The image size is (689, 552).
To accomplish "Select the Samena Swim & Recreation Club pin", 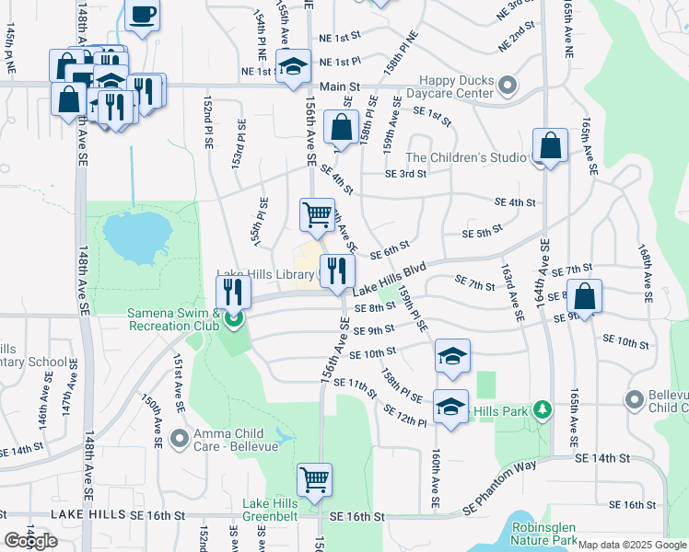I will click(234, 320).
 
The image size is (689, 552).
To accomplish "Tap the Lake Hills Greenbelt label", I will click(271, 510).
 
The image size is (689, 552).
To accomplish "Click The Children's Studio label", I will click(466, 157).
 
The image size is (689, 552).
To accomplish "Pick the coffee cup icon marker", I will click(142, 15).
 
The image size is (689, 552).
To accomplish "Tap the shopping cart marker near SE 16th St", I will click(314, 479).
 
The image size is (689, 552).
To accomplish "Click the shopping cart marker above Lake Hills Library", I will click(317, 214).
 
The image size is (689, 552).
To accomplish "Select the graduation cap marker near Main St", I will click(294, 67).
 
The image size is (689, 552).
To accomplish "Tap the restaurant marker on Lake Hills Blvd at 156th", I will click(337, 270).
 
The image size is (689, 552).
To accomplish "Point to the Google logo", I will click(31, 541).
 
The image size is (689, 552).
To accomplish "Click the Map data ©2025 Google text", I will click(631, 545).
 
